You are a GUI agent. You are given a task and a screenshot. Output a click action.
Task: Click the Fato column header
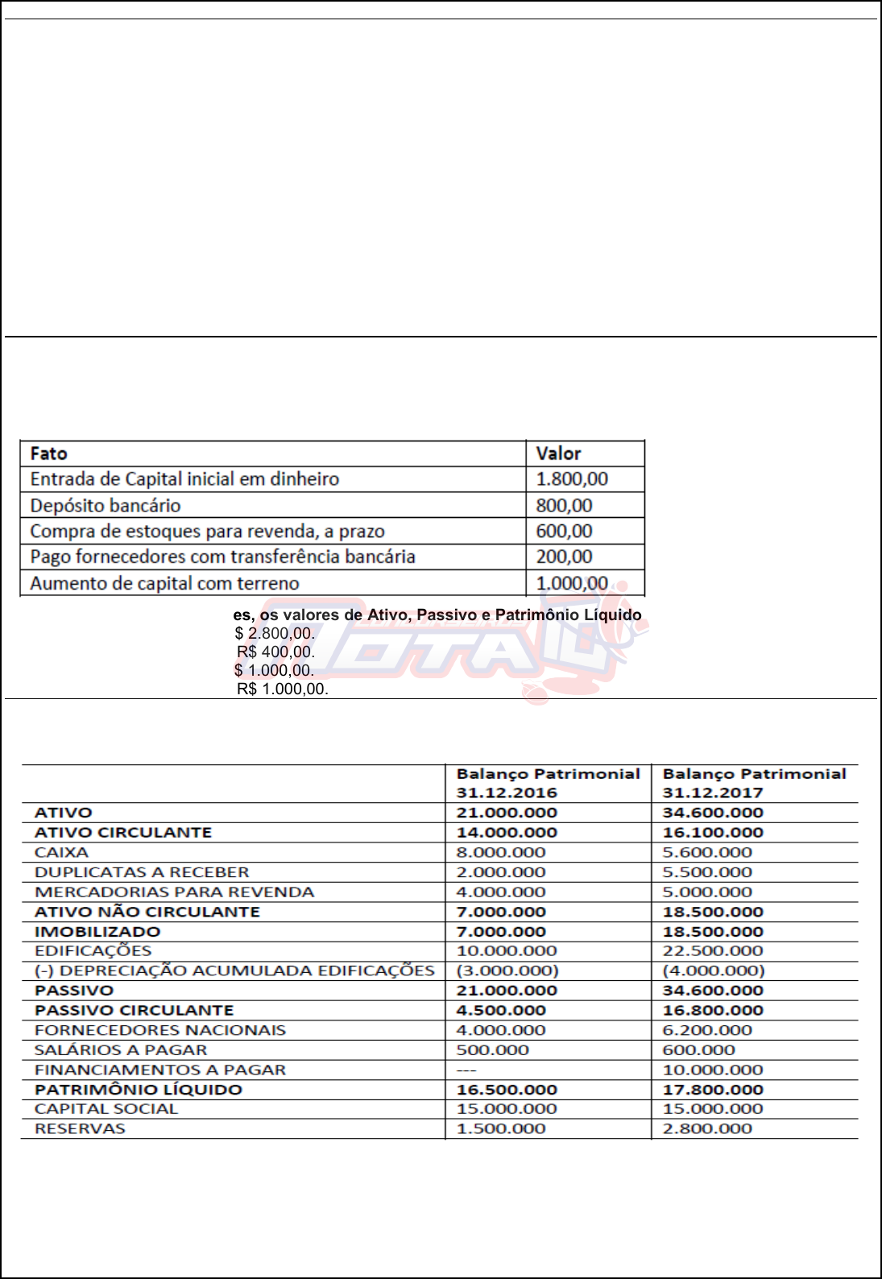pyautogui.click(x=48, y=453)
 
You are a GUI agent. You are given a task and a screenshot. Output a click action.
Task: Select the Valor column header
pyautogui.click(x=558, y=453)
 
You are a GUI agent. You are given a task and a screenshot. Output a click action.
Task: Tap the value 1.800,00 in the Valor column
pyautogui.click(x=572, y=479)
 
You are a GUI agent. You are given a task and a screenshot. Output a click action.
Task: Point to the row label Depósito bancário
pyautogui.click(x=106, y=506)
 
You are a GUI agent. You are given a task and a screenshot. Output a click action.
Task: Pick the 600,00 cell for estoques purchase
pyautogui.click(x=564, y=532)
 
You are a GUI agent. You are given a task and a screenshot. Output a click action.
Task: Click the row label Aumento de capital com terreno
pyautogui.click(x=164, y=583)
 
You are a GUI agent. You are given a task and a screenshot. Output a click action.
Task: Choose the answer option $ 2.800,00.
pyautogui.click(x=275, y=633)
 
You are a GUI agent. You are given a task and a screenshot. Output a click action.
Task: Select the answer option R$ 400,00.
pyautogui.click(x=275, y=652)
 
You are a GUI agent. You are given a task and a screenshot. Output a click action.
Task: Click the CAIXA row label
pyautogui.click(x=61, y=852)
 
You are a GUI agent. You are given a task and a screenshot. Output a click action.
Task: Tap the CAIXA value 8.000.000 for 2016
pyautogui.click(x=500, y=852)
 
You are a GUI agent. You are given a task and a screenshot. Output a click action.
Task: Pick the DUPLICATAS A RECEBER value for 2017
pyautogui.click(x=706, y=872)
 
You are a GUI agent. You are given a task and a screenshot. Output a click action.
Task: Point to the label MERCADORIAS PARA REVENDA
pyautogui.click(x=174, y=892)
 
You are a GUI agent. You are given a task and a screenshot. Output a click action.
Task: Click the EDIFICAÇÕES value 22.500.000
pyautogui.click(x=712, y=951)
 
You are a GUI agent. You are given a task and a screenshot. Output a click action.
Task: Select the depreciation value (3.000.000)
pyautogui.click(x=507, y=971)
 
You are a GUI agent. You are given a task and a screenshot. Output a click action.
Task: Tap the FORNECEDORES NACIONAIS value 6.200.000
pyautogui.click(x=706, y=1030)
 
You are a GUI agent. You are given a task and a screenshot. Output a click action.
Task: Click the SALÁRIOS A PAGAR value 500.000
pyautogui.click(x=492, y=1050)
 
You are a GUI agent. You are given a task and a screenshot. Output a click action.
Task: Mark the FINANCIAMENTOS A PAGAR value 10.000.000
pyautogui.click(x=712, y=1070)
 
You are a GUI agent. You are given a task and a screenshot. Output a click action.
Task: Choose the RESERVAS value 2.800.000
pyautogui.click(x=706, y=1128)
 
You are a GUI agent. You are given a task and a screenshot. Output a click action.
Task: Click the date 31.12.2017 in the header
pyautogui.click(x=712, y=793)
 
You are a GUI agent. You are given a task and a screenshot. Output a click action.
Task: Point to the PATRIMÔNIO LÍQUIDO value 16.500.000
pyautogui.click(x=507, y=1090)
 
